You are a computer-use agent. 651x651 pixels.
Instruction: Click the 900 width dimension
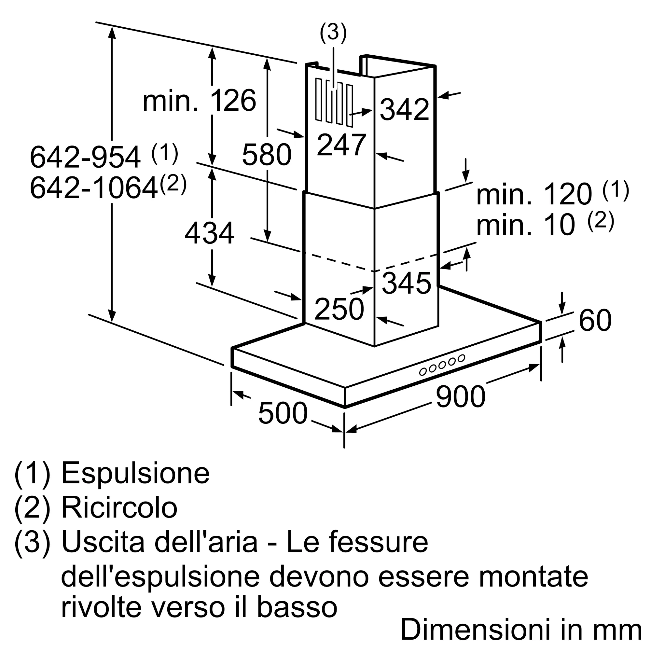(x=460, y=397)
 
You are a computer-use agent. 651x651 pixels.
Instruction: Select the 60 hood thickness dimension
(x=595, y=320)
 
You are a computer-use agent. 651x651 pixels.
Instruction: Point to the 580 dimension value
(x=267, y=155)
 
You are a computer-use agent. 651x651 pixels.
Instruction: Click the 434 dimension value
(x=209, y=233)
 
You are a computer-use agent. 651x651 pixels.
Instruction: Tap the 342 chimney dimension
(x=404, y=109)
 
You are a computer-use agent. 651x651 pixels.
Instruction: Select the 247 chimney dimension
(x=341, y=145)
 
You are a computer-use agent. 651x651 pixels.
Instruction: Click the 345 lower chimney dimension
(x=406, y=283)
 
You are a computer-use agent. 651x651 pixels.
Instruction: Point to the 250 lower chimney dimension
(x=339, y=309)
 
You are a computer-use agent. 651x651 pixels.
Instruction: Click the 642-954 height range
(x=85, y=157)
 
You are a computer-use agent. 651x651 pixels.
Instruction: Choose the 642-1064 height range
(x=94, y=188)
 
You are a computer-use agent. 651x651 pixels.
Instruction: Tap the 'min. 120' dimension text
(x=534, y=194)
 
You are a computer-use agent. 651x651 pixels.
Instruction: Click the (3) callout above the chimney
(x=333, y=33)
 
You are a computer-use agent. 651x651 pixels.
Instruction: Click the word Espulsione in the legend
(x=135, y=473)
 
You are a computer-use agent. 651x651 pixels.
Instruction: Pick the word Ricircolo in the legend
(x=119, y=508)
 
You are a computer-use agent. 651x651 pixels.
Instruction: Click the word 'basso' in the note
(x=297, y=607)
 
